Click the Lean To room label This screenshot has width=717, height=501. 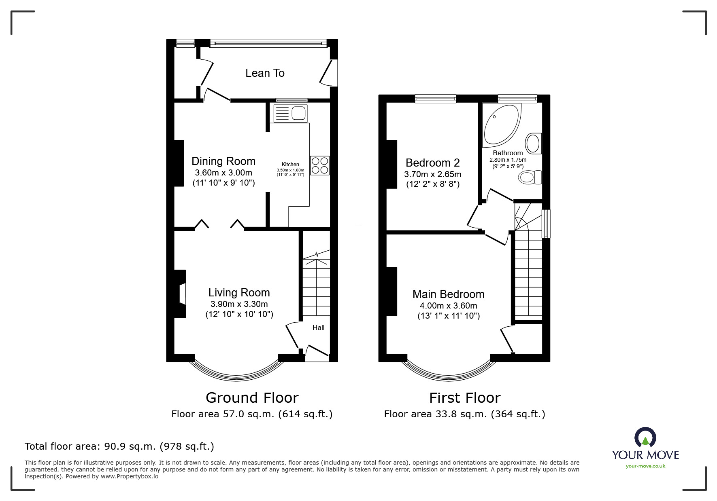[265, 73]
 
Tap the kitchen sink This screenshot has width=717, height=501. [291, 113]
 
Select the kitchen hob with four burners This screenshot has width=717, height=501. [320, 165]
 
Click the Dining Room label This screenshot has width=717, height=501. [223, 161]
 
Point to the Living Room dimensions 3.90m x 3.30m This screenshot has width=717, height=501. [239, 304]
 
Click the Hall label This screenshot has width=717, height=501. [318, 328]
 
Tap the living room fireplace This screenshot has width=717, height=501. [181, 294]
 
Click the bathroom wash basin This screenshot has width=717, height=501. [533, 143]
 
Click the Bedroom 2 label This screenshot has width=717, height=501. [433, 163]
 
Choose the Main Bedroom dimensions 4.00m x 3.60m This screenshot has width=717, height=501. [449, 306]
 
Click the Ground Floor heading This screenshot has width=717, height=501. [252, 398]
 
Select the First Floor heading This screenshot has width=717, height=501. [465, 398]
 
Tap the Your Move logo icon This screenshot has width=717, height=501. [645, 438]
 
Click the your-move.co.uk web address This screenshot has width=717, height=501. [645, 466]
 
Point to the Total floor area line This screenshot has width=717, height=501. [119, 446]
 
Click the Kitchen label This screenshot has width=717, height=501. [290, 164]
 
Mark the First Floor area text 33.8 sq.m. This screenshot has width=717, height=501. [465, 414]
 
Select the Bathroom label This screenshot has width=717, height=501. [508, 153]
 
